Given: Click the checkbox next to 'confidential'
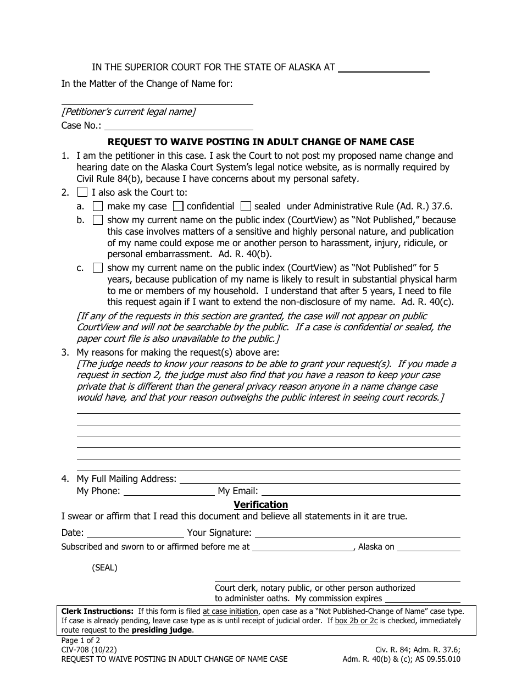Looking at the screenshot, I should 178,207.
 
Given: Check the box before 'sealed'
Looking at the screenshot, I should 246,207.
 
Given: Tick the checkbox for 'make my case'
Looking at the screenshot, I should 98,207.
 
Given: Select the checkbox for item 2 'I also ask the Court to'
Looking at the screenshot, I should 82,192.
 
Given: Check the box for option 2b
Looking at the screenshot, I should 98,220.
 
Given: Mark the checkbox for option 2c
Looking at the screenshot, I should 98,268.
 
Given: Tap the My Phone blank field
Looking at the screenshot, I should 169,492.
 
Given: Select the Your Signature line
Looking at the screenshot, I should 357,533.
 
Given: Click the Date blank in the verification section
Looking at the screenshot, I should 135,533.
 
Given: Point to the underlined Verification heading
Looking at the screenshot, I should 260,505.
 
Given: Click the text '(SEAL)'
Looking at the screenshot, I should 104,568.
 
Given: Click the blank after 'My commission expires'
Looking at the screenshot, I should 422,599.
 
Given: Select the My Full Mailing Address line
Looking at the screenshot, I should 320,479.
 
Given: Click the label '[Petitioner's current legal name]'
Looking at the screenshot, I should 129,112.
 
